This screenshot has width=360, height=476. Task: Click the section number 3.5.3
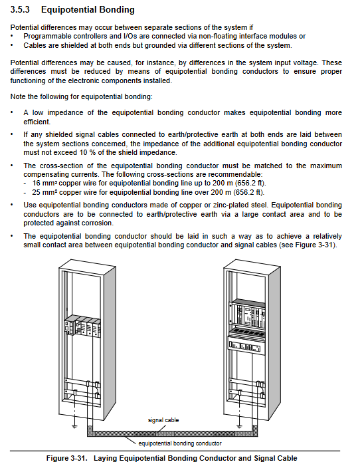pyautogui.click(x=20, y=10)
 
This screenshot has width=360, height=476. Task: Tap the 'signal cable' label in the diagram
pyautogui.click(x=163, y=420)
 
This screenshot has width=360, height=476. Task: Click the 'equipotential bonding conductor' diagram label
pyautogui.click(x=180, y=443)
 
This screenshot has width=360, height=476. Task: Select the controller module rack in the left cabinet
pyautogui.click(x=82, y=326)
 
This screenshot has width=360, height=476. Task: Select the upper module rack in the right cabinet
pyautogui.click(x=246, y=314)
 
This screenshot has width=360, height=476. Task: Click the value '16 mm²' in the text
pyautogui.click(x=45, y=183)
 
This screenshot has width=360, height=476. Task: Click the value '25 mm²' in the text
pyautogui.click(x=45, y=192)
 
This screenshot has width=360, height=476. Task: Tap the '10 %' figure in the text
pyautogui.click(x=88, y=152)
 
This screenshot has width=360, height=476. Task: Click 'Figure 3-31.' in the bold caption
pyautogui.click(x=66, y=458)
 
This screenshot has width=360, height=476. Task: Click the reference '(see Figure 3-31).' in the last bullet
pyautogui.click(x=308, y=245)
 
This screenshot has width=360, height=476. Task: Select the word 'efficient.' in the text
pyautogui.click(x=37, y=122)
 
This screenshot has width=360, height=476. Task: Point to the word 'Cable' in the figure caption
pyautogui.click(x=288, y=458)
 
